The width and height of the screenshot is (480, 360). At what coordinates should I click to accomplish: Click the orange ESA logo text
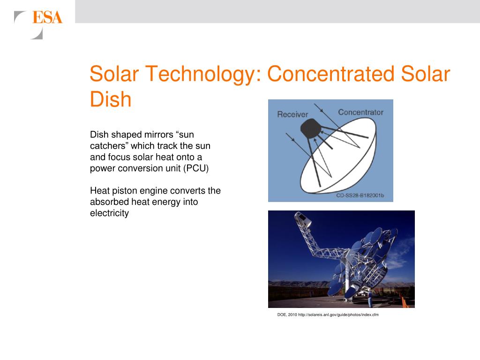(47, 17)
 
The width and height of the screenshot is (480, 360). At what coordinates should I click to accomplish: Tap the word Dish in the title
(111, 99)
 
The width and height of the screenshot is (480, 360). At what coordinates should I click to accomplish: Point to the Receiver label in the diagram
(292, 114)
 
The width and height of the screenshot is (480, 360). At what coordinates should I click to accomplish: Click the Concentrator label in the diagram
(360, 112)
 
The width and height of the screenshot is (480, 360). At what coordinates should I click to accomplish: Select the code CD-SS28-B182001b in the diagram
(360, 195)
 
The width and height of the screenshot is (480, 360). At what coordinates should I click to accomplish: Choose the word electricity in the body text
(109, 213)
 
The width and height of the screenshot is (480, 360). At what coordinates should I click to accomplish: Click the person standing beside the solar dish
(370, 299)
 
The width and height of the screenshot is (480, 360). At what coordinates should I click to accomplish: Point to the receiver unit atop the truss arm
(302, 219)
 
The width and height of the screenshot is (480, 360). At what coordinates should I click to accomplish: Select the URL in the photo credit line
(338, 315)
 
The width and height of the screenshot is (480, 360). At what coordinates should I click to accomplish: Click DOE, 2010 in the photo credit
(287, 315)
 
